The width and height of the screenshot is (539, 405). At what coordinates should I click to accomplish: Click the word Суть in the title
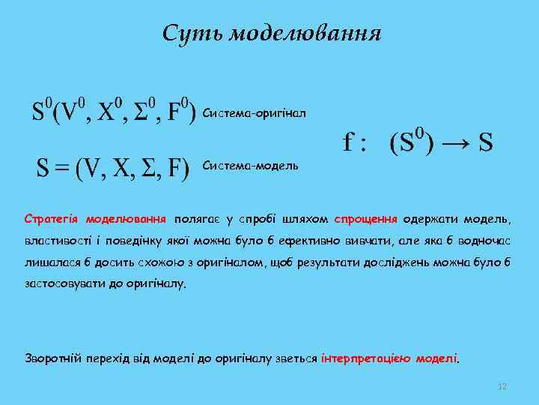[x=191, y=34]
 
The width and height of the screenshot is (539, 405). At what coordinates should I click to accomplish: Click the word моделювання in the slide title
[x=304, y=34]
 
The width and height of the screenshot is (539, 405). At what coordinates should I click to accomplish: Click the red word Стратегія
[x=52, y=220]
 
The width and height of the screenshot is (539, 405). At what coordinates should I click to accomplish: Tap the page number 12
[x=502, y=386]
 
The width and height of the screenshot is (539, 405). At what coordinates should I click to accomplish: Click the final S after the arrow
[x=486, y=142]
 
